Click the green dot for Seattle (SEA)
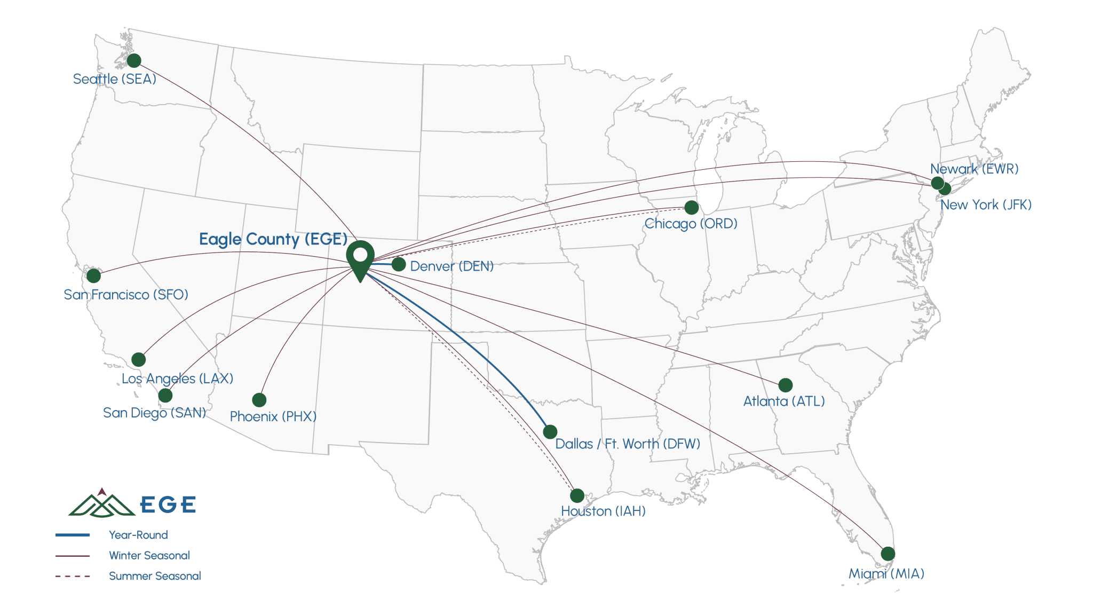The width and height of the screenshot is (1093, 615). [x=134, y=60]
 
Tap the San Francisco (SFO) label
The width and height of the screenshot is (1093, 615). [x=126, y=295]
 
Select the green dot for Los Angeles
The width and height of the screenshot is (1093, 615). [x=139, y=359]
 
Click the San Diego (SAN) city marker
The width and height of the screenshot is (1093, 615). [x=165, y=396]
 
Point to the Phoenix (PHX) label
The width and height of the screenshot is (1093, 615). [x=273, y=416]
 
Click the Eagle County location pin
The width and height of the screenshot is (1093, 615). [x=360, y=259]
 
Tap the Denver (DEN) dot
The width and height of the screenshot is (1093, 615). [x=399, y=264]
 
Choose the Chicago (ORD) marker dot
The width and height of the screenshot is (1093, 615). [x=691, y=207]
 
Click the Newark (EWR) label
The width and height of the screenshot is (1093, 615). [x=974, y=169]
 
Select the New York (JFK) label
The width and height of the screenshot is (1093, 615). [x=986, y=204]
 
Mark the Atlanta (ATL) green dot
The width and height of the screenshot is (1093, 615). [x=785, y=385]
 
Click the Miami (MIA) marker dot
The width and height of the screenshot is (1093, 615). [x=888, y=554]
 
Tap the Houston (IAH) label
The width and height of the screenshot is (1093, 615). [x=603, y=511]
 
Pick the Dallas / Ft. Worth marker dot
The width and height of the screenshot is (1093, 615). [x=550, y=431]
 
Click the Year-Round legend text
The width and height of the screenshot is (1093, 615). [x=138, y=535]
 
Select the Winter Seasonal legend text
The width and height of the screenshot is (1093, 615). [x=149, y=555]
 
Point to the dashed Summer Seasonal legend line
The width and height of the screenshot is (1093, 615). [x=73, y=576]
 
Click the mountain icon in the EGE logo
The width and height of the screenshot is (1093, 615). [x=101, y=503]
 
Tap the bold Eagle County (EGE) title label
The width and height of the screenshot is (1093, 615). [x=273, y=239]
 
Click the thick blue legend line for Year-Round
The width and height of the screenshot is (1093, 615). [x=73, y=535]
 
